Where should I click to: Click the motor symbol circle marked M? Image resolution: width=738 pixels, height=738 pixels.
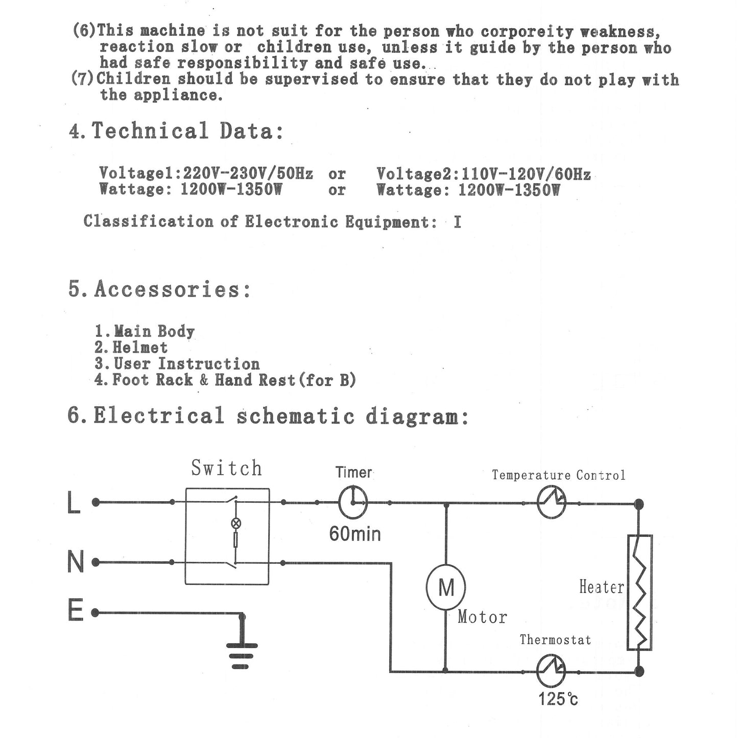445,587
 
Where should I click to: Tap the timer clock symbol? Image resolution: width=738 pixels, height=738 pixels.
353,502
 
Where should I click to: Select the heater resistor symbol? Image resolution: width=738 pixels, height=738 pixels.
639,592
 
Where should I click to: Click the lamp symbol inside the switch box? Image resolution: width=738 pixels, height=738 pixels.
236,523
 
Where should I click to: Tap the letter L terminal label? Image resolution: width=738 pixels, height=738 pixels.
74,503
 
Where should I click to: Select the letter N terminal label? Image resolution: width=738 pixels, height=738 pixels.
75,562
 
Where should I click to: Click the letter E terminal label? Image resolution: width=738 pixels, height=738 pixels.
75,611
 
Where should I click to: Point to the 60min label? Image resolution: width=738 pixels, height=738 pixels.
355,534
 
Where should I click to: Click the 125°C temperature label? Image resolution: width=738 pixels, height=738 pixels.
558,698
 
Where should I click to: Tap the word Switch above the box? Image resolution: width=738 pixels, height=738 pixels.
227,468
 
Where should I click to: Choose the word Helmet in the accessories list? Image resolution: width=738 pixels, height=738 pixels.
140,348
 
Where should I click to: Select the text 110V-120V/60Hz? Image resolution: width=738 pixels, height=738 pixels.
526,174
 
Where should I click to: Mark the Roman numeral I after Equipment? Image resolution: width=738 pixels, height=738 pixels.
457,223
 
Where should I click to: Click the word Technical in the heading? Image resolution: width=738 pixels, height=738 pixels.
150,131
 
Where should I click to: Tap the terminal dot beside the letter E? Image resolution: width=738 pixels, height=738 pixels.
95,612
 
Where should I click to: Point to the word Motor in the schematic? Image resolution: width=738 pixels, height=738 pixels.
482,617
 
